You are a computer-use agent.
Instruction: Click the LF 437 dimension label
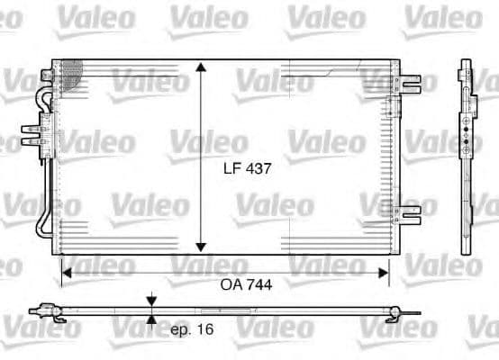pyautogui.click(x=247, y=167)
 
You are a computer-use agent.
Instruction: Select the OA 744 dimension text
pyautogui.click(x=246, y=283)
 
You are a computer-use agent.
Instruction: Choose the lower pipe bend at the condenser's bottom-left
pyautogui.click(x=42, y=225)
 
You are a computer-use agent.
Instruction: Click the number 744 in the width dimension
pyautogui.click(x=259, y=283)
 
